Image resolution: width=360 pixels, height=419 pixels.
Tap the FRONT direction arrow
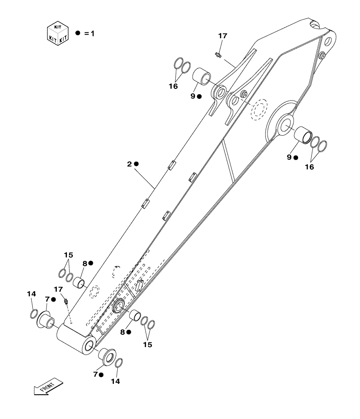(48, 386)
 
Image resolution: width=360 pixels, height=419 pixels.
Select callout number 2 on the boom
(129, 164)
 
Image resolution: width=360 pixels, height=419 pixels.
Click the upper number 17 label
(222, 36)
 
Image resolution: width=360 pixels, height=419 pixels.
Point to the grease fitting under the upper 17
(218, 55)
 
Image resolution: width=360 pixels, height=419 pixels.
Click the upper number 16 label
(173, 86)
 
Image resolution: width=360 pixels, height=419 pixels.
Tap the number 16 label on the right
(309, 167)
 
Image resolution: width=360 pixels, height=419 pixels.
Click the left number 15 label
(68, 255)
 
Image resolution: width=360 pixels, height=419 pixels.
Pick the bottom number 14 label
(115, 381)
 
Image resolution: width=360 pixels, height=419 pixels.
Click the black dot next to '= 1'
(77, 33)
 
